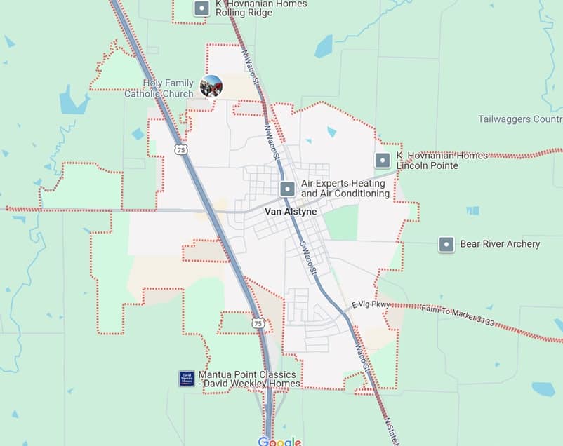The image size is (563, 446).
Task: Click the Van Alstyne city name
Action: coord(291,212)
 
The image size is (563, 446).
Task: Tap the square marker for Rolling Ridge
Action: coord(202,9)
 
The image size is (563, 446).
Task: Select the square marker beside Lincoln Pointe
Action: coord(383,161)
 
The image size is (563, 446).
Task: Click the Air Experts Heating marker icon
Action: coord(287,189)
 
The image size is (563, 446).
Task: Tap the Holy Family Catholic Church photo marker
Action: coord(211,86)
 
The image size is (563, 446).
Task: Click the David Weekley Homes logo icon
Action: coord(187,379)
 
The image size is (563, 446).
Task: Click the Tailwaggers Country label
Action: coord(519,119)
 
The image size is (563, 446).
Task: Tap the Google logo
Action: coord(279,441)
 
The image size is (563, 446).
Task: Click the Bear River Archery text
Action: coord(500,244)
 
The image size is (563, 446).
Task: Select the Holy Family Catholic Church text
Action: coord(168,88)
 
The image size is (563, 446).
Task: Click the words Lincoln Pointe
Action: coord(427,165)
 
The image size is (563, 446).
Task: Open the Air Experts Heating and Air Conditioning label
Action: coord(345,188)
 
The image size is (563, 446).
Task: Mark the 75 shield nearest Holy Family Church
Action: coord(182,150)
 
